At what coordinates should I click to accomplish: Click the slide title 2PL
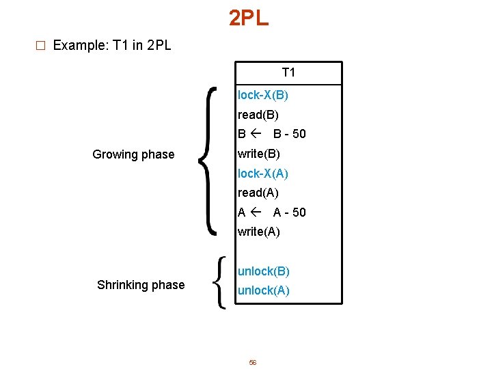click(249, 18)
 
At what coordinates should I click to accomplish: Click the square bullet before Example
click(40, 46)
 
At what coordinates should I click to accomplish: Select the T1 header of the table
click(288, 72)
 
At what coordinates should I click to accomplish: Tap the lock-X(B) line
click(263, 95)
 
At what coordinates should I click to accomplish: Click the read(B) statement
click(258, 115)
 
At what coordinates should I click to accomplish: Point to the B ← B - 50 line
click(272, 134)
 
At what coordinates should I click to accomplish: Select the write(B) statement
click(259, 154)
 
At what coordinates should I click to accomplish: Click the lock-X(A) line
click(263, 174)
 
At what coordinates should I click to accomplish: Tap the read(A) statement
click(258, 193)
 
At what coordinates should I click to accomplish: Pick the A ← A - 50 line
click(272, 213)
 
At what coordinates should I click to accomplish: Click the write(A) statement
click(259, 232)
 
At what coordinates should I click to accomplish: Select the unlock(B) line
click(264, 271)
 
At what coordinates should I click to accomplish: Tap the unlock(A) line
click(264, 290)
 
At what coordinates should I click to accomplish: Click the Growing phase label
click(133, 154)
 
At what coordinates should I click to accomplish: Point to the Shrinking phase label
click(141, 285)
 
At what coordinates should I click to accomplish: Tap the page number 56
click(252, 363)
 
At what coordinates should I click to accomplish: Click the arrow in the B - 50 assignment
click(256, 134)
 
